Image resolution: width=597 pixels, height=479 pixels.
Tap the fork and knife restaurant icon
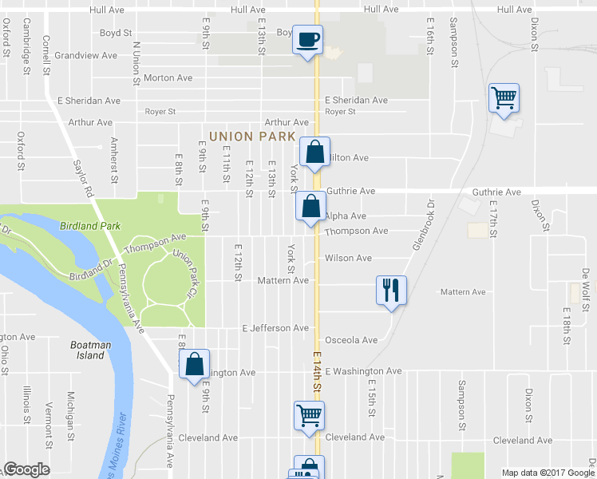[x=391, y=289]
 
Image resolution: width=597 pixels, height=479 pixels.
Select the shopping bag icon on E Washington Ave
[x=195, y=365]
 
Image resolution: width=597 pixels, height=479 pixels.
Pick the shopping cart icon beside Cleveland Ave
[x=308, y=415]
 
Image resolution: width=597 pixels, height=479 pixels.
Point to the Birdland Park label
[x=89, y=226]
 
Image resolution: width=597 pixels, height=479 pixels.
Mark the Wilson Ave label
[x=348, y=259]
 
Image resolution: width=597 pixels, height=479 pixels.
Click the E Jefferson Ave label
[x=275, y=328]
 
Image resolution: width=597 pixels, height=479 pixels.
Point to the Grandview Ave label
[x=86, y=56]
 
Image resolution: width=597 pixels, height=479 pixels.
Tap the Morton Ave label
[x=168, y=78]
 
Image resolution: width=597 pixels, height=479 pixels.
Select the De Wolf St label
[x=586, y=284]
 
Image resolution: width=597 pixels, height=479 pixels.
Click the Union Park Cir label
[x=185, y=269]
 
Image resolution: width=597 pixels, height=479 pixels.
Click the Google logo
[x=26, y=469]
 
